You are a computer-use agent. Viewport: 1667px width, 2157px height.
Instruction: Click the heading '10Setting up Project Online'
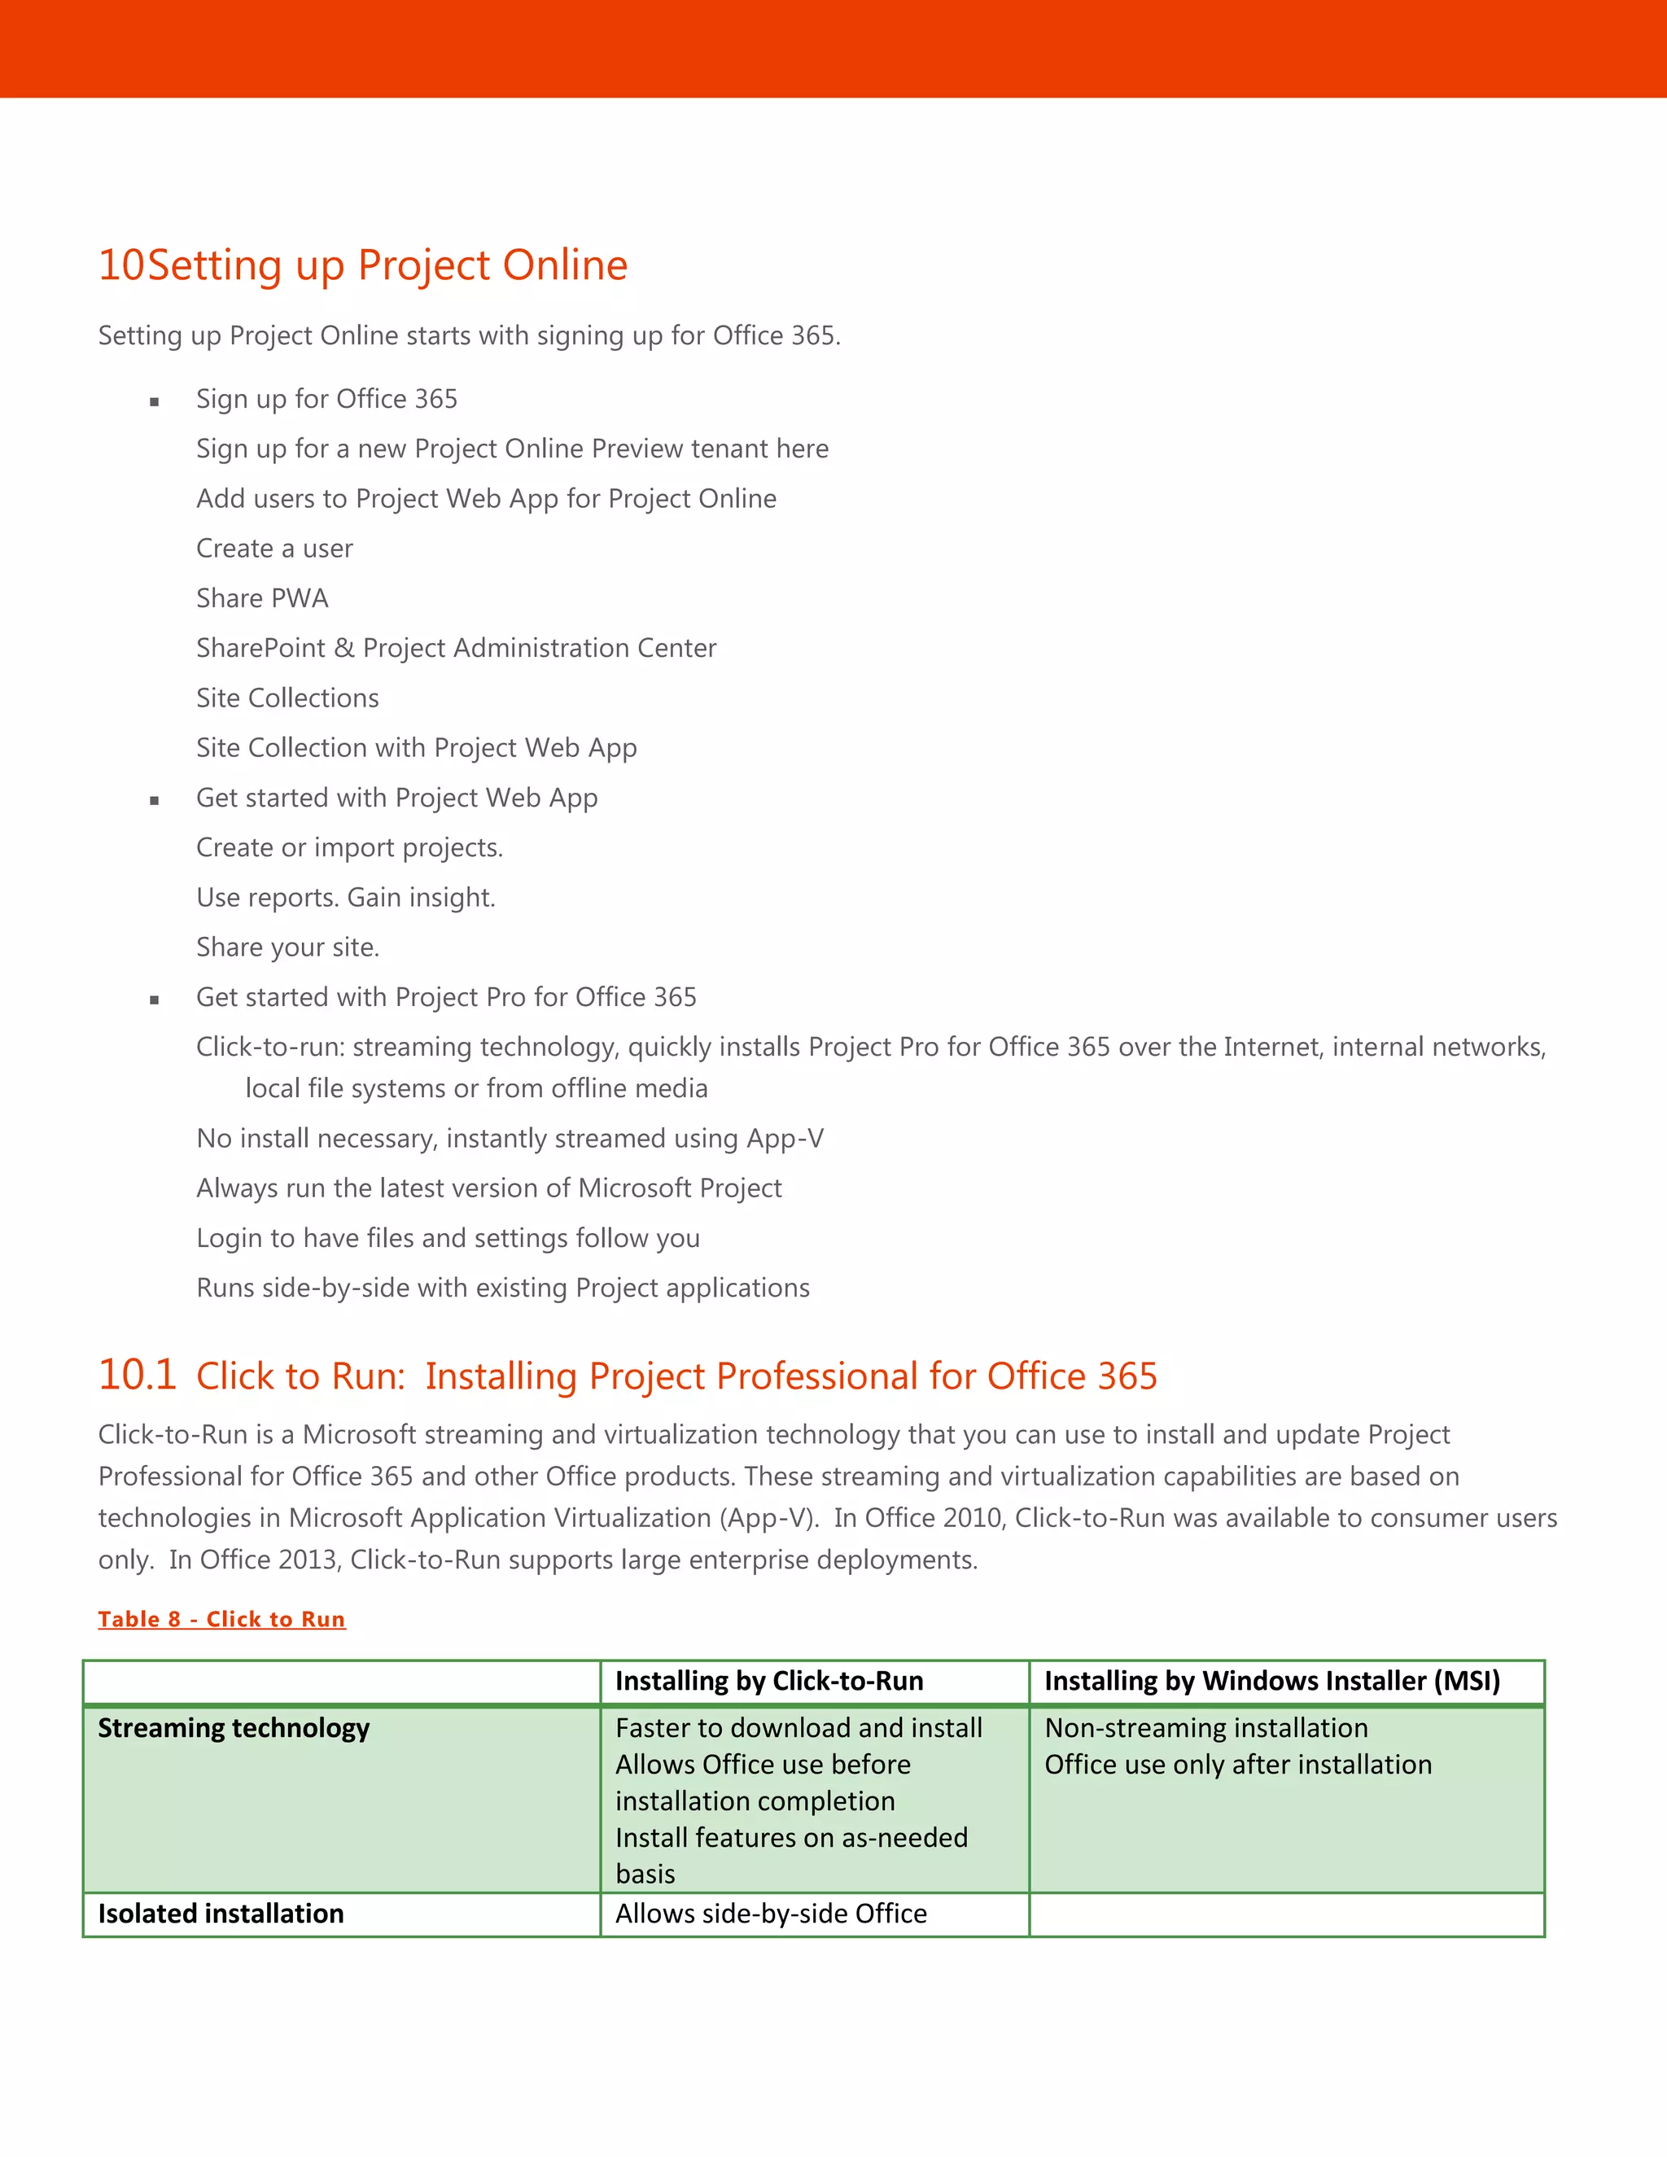[x=362, y=265]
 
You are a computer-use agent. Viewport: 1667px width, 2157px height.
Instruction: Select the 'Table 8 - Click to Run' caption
[x=221, y=1619]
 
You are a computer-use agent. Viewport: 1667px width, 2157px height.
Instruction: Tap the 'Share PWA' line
[x=262, y=597]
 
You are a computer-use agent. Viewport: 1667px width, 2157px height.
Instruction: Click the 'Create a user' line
[x=273, y=548]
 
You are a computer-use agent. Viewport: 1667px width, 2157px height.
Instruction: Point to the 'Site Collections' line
[x=287, y=698]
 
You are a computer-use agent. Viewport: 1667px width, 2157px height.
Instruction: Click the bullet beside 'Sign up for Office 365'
[x=154, y=401]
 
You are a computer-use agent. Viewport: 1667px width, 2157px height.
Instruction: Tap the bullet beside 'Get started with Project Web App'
[x=154, y=800]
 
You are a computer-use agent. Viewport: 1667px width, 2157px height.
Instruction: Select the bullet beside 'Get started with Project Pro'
[x=154, y=1000]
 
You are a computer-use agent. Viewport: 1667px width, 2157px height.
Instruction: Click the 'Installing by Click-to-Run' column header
[x=768, y=1681]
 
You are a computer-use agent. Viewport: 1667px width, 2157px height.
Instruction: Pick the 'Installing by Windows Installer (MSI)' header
[x=1272, y=1681]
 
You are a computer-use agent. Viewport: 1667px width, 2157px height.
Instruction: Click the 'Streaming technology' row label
[x=233, y=1727]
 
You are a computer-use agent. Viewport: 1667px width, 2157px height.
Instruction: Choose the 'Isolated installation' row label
[x=221, y=1913]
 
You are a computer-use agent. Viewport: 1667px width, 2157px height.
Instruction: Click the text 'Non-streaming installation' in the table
[x=1205, y=1727]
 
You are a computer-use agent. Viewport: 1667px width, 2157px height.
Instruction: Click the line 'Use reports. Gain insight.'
[x=346, y=897]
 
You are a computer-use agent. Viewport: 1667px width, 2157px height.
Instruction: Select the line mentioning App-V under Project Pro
[x=510, y=1138]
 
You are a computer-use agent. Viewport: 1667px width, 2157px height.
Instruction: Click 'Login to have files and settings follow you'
[x=448, y=1237]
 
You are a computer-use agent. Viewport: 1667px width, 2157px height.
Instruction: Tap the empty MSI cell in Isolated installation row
[x=1286, y=1914]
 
